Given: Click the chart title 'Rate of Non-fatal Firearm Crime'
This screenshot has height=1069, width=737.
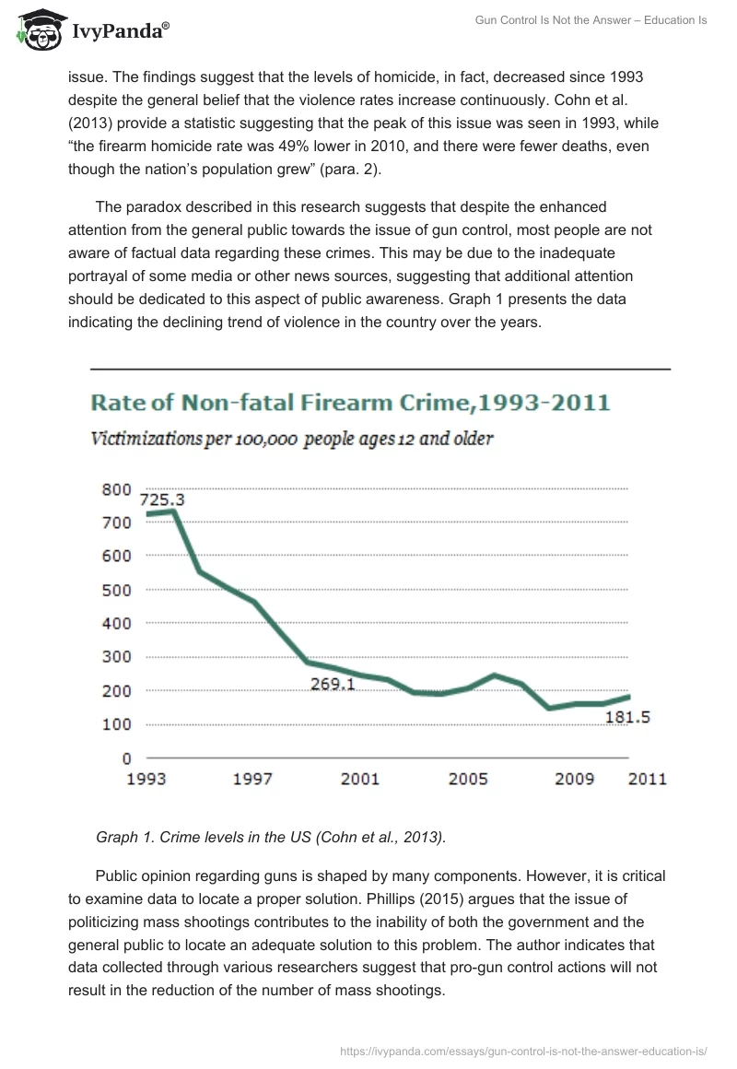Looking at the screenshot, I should (349, 402).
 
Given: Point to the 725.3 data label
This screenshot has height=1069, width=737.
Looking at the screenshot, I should (162, 499).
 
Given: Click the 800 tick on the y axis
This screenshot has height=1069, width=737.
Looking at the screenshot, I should (115, 489).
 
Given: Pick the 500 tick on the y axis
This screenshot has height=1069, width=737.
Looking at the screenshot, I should (115, 590).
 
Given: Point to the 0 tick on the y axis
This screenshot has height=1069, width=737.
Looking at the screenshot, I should (127, 758).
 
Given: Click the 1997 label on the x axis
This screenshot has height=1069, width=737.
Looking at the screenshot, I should (252, 780).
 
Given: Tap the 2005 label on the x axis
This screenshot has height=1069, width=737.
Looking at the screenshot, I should (468, 780).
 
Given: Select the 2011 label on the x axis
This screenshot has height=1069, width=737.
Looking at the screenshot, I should (647, 780).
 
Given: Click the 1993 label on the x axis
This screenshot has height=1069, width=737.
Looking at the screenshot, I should (146, 780).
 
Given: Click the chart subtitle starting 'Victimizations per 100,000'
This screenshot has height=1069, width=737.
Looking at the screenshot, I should (291, 440).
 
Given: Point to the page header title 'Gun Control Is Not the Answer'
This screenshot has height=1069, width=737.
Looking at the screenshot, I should (591, 20).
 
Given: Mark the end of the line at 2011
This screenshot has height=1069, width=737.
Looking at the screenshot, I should (628, 696).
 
